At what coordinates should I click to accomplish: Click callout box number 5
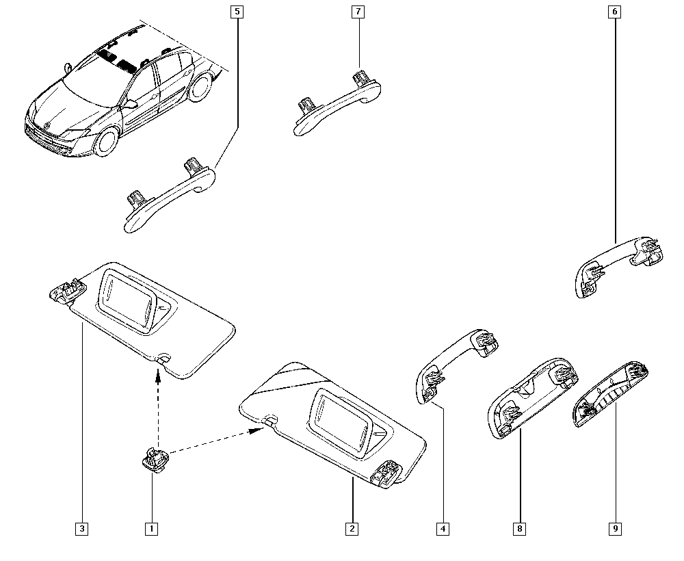(237, 12)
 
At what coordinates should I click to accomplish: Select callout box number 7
(358, 12)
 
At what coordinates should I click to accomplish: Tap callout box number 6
(614, 12)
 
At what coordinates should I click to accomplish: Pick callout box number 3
(81, 529)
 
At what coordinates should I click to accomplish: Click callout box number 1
(151, 529)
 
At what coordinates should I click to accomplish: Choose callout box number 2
(352, 529)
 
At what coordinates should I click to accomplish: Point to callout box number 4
(443, 529)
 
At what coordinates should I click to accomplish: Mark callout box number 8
(519, 529)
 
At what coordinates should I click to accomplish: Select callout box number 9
(615, 529)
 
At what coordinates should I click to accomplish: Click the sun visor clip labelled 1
(155, 459)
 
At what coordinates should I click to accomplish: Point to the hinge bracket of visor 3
(66, 290)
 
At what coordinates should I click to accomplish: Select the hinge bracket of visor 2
(386, 473)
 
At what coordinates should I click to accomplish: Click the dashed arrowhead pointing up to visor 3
(158, 375)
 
